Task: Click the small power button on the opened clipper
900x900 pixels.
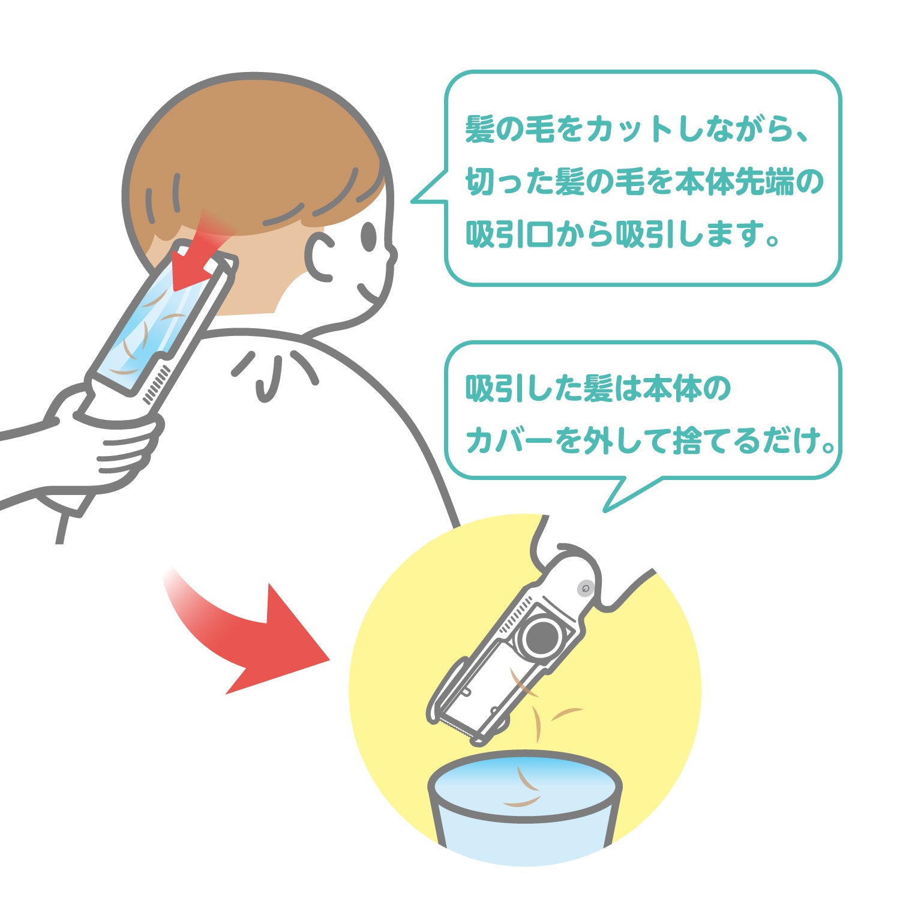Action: point(586,589)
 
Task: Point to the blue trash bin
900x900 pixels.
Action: point(525,807)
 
